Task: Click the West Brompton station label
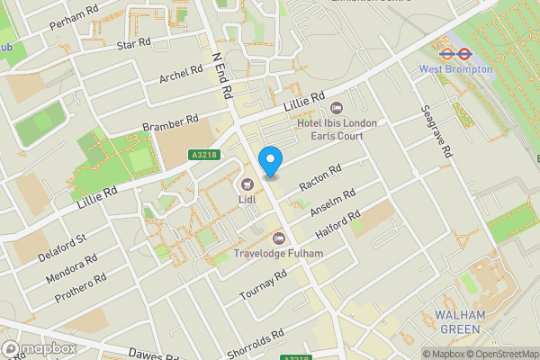pyautogui.click(x=455, y=68)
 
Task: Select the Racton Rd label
pyautogui.click(x=320, y=176)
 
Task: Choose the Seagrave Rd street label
pyautogui.click(x=435, y=131)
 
